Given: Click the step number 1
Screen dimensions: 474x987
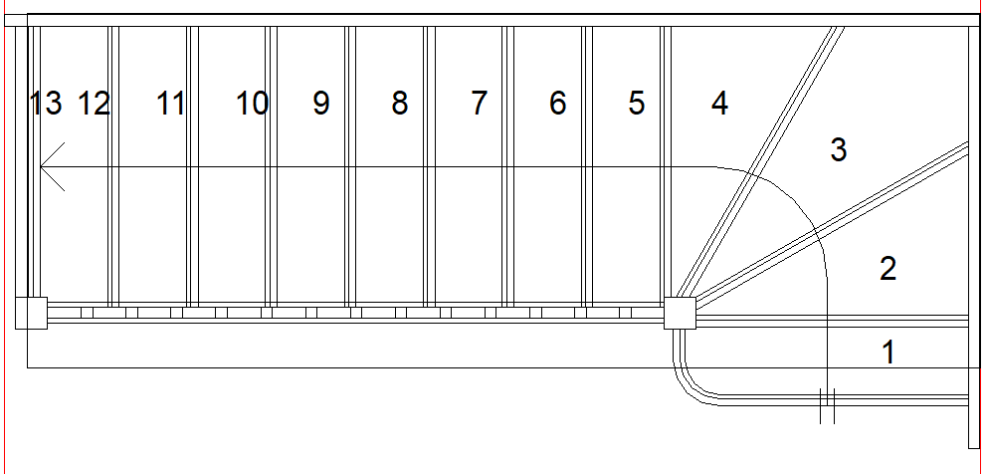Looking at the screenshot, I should (888, 352).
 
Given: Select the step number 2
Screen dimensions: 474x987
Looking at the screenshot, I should (888, 268).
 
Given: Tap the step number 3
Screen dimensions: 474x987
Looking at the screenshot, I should (839, 150).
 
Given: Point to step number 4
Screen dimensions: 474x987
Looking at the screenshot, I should (719, 103).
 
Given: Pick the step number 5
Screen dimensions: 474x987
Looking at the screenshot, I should (637, 103).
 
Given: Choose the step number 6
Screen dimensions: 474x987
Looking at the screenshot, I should (558, 103).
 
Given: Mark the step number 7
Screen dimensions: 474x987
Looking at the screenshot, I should (480, 103).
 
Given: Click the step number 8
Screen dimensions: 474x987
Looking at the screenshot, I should (400, 103).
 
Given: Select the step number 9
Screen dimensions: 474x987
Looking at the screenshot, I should (320, 103).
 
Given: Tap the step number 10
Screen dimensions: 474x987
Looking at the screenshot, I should (252, 103).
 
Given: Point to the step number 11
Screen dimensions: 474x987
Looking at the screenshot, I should (171, 103).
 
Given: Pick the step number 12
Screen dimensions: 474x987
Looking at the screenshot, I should (94, 103).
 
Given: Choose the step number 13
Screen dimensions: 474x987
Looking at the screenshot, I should (46, 103).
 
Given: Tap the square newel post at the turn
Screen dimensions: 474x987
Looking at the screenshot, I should (681, 313).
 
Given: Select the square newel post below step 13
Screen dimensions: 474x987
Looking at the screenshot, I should (31, 313).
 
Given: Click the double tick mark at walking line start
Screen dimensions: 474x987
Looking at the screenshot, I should (826, 405).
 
